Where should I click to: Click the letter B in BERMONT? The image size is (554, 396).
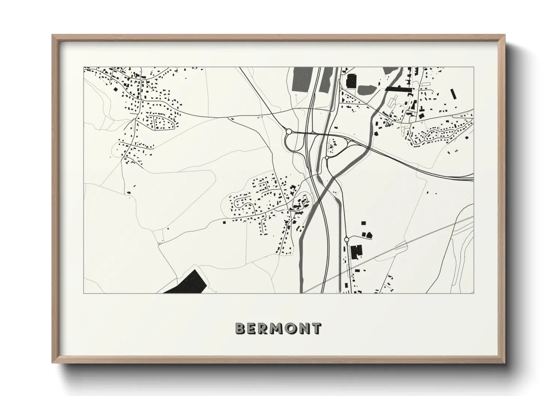(x=240, y=328)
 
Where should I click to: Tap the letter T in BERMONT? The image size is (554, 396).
(x=316, y=328)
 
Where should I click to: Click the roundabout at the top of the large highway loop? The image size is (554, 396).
(x=289, y=131)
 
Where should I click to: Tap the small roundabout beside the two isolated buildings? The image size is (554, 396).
(x=347, y=239)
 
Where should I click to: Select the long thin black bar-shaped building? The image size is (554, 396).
(x=398, y=89)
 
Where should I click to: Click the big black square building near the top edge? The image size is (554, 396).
(x=352, y=81)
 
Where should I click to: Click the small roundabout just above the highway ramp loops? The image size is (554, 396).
(x=327, y=158)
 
